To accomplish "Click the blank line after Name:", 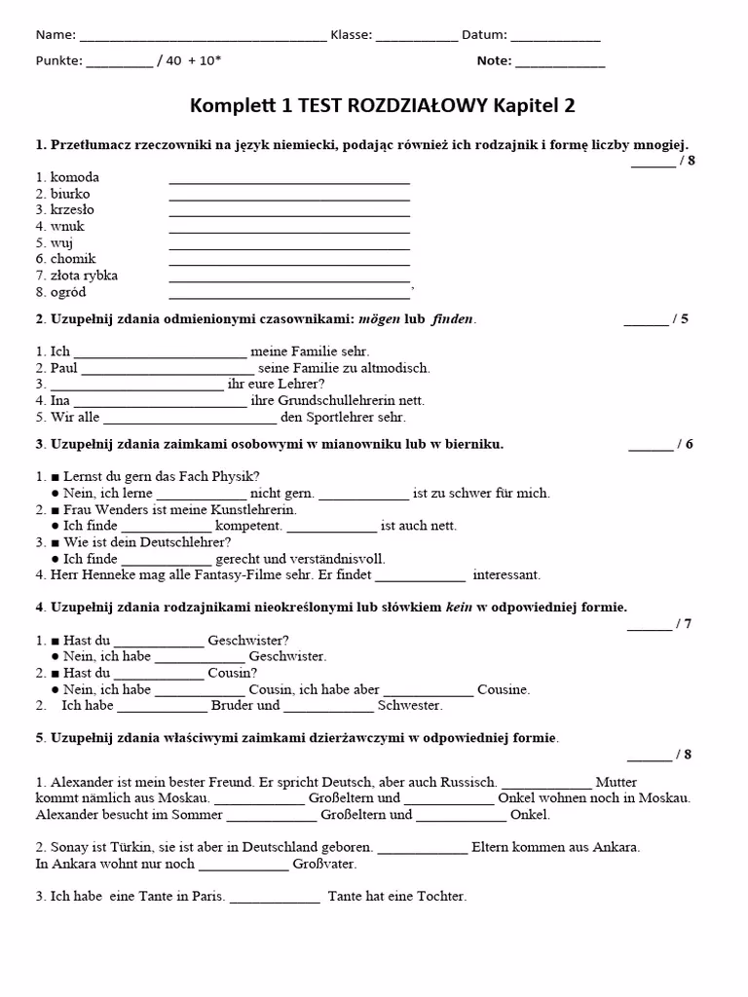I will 203,37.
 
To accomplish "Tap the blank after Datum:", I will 555,37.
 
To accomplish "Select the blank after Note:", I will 560,62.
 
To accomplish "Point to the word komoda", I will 74,177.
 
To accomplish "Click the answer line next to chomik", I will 289,261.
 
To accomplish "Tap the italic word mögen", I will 380,319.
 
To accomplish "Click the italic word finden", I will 452,319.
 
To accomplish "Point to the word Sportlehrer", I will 339,417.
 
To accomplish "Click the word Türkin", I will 123,847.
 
